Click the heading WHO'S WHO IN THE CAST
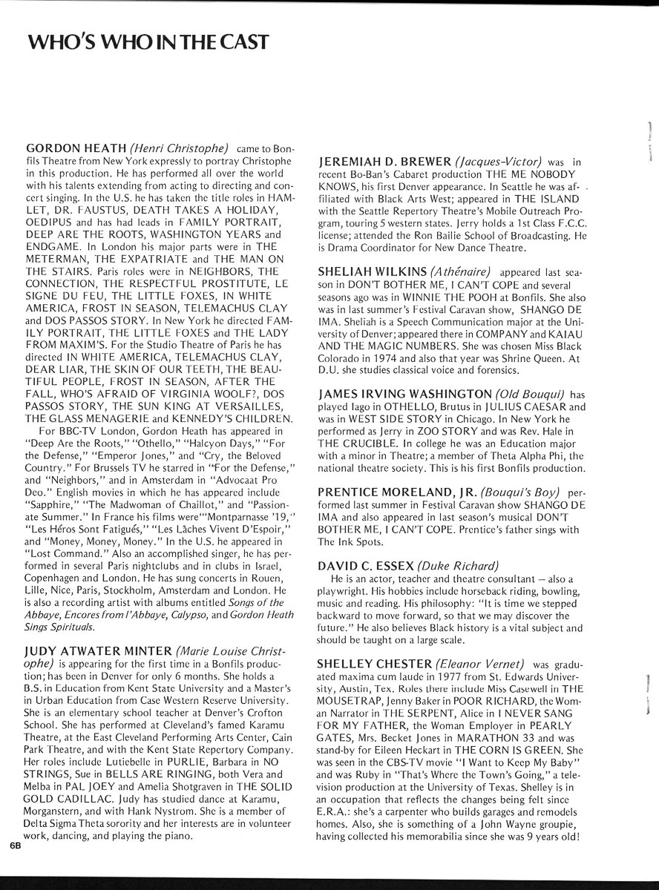coord(147,42)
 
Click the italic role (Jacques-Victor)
coord(497,161)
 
